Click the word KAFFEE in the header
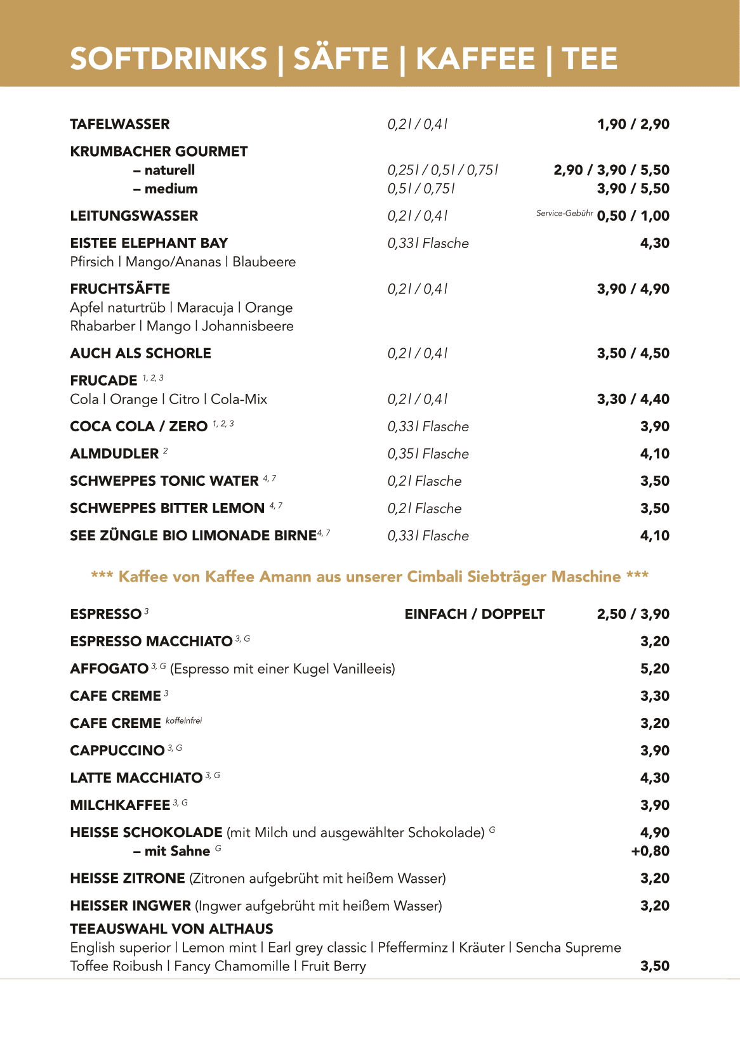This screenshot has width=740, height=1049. point(475,59)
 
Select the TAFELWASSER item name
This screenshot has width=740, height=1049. point(120,124)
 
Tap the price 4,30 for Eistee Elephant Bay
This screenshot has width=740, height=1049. point(654,244)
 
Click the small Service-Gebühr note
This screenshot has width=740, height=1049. point(564,214)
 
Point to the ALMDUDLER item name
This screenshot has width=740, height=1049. point(114,454)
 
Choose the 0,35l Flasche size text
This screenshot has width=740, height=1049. point(428,454)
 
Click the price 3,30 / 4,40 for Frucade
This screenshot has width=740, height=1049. point(633,400)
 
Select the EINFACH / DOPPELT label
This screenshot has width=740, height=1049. point(474,615)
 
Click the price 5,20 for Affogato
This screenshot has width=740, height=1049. point(654,669)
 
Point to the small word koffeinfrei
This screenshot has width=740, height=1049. point(183,721)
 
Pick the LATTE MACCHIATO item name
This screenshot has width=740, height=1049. point(136,778)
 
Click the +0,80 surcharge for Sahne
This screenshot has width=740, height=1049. point(650,851)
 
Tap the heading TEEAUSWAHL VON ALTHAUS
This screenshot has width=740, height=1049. point(171,929)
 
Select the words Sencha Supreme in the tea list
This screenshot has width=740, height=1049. point(568,948)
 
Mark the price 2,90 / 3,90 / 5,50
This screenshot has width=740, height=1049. point(611,171)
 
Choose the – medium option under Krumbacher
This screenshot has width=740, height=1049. point(166,189)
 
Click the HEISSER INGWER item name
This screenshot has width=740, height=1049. point(130,906)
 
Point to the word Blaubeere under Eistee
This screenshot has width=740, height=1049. point(264,263)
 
